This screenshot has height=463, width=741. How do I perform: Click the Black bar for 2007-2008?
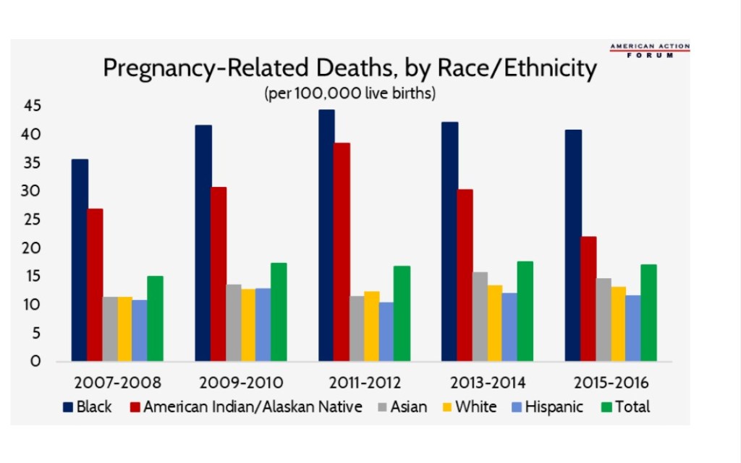click(x=80, y=261)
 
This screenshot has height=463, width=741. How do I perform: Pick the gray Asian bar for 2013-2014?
click(x=480, y=317)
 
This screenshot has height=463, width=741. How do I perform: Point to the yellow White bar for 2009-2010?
click(x=248, y=325)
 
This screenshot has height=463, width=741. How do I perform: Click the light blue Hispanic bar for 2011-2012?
click(x=386, y=332)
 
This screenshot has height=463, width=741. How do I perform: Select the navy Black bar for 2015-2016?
click(x=573, y=246)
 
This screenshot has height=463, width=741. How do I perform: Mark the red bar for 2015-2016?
click(x=588, y=299)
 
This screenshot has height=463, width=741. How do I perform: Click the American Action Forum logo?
click(x=649, y=50)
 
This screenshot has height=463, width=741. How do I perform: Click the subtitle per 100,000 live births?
click(x=350, y=94)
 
